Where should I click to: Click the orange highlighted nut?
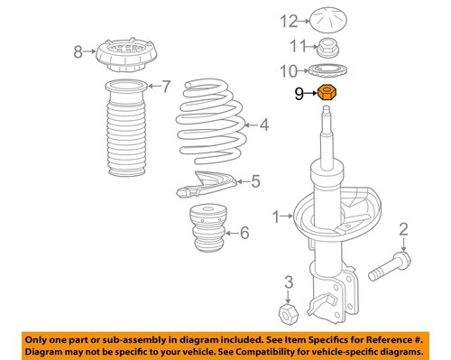327,92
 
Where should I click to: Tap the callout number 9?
297,92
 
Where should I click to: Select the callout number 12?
288,21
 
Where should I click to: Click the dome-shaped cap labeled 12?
328,19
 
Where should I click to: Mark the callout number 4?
264,125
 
